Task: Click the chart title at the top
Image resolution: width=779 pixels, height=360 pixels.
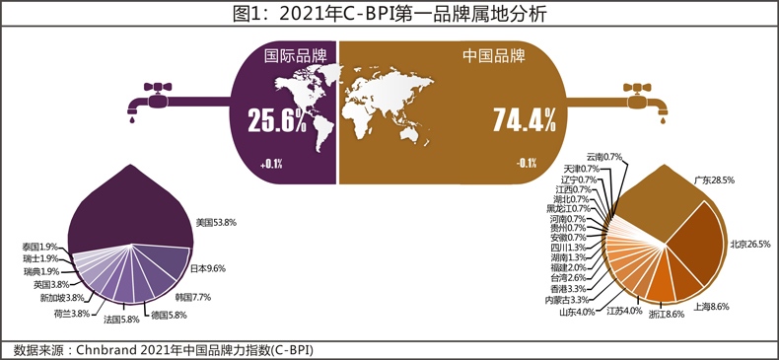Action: click(x=389, y=14)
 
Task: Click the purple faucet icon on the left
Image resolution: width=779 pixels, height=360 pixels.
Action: click(x=152, y=100)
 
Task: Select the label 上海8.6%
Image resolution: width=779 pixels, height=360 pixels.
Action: click(x=712, y=307)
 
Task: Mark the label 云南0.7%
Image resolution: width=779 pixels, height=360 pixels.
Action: click(x=603, y=157)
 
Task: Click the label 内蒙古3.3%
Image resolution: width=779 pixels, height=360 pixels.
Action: click(x=567, y=300)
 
